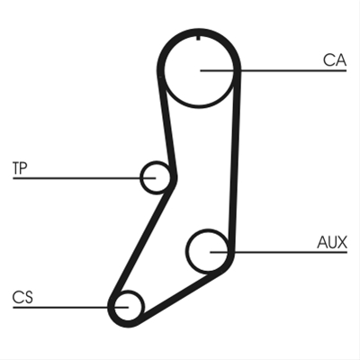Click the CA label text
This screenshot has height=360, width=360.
click(x=335, y=60)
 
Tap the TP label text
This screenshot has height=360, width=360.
click(x=20, y=168)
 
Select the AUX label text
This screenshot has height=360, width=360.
click(x=332, y=242)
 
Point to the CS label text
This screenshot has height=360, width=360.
click(x=22, y=297)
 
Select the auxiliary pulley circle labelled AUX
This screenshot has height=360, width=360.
click(x=187, y=251)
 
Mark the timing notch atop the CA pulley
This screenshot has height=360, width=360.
click(x=198, y=38)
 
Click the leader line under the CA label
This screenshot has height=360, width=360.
click(x=274, y=71)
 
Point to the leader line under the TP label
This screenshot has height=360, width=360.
click(x=85, y=178)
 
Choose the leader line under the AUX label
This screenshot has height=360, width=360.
click(x=278, y=252)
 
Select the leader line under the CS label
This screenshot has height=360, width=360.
click(x=70, y=307)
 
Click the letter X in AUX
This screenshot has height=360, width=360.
click(x=342, y=242)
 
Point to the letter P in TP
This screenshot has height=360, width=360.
click(x=23, y=168)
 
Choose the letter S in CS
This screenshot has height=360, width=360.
click(x=28, y=297)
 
